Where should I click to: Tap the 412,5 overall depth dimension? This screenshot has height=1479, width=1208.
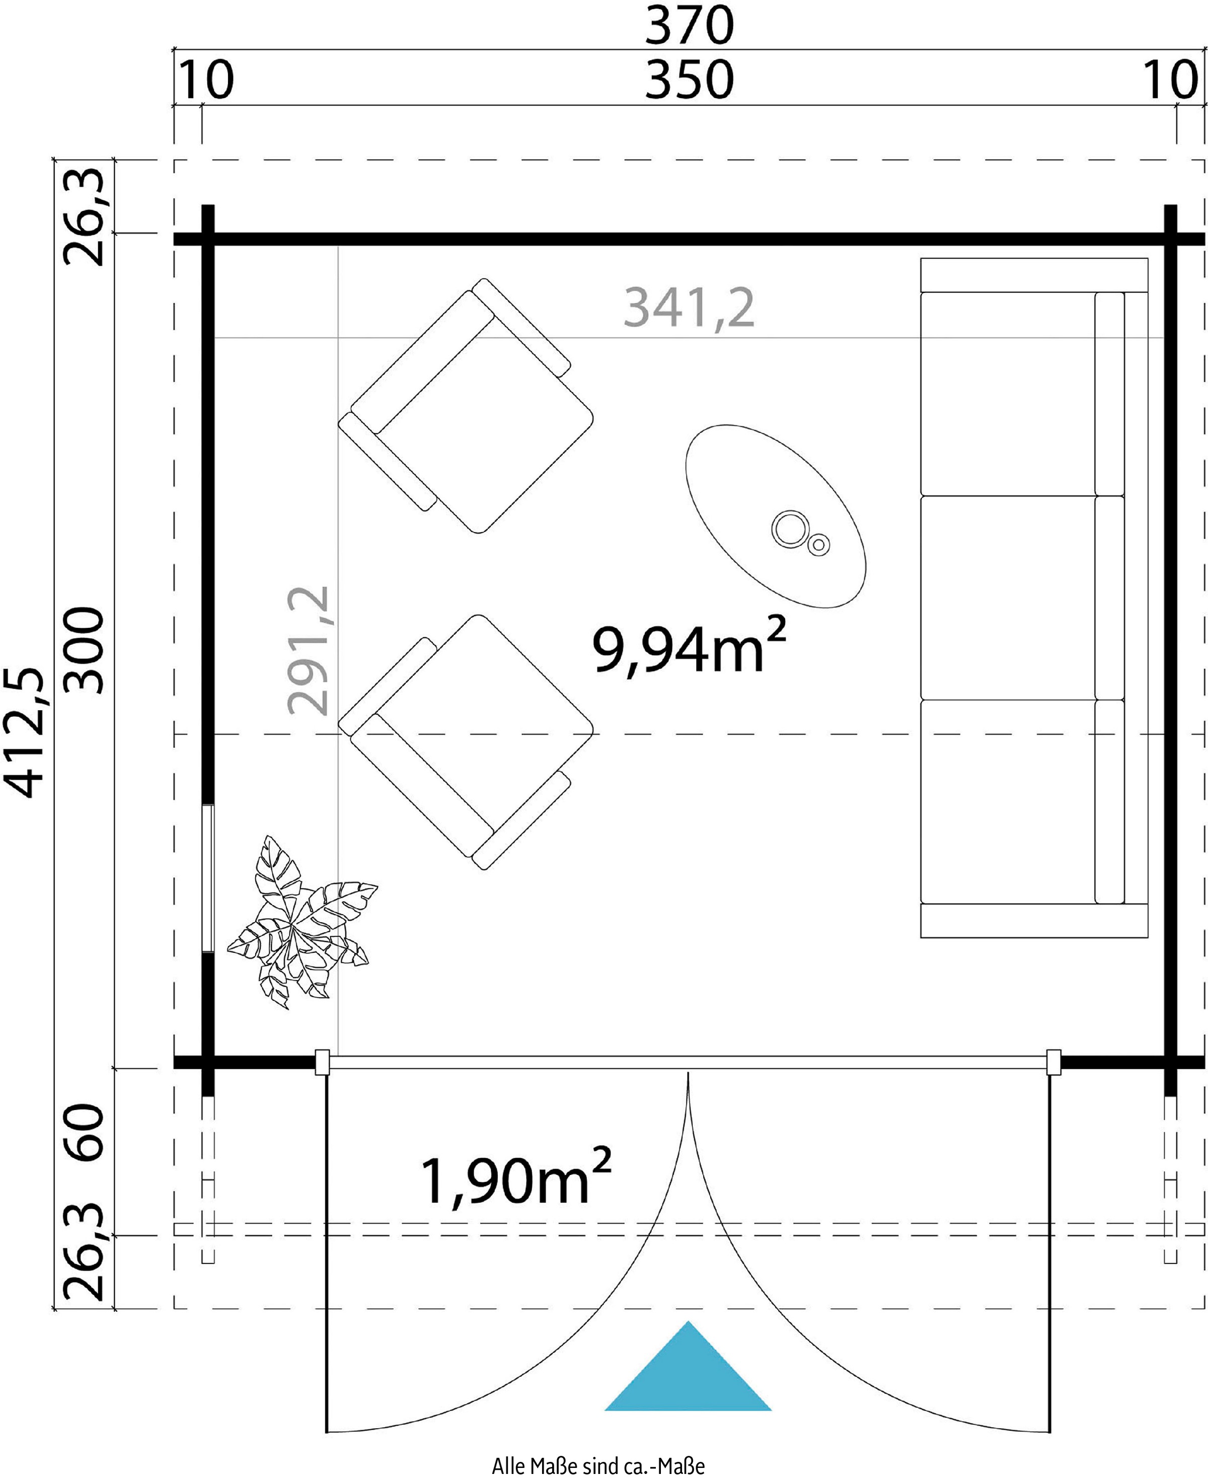coord(25,731)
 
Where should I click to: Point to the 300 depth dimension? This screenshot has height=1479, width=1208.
coord(84,650)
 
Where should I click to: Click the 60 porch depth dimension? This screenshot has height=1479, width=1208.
coord(84,1131)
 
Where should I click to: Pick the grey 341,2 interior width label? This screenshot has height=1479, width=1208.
coord(689,308)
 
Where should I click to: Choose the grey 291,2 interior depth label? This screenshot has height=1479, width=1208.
coord(308,651)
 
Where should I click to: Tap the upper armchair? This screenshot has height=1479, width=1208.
coord(466,406)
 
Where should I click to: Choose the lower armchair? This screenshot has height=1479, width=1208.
coord(466,742)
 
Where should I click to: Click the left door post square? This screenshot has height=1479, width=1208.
coord(322,1062)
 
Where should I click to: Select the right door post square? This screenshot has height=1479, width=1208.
coord(1054,1062)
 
